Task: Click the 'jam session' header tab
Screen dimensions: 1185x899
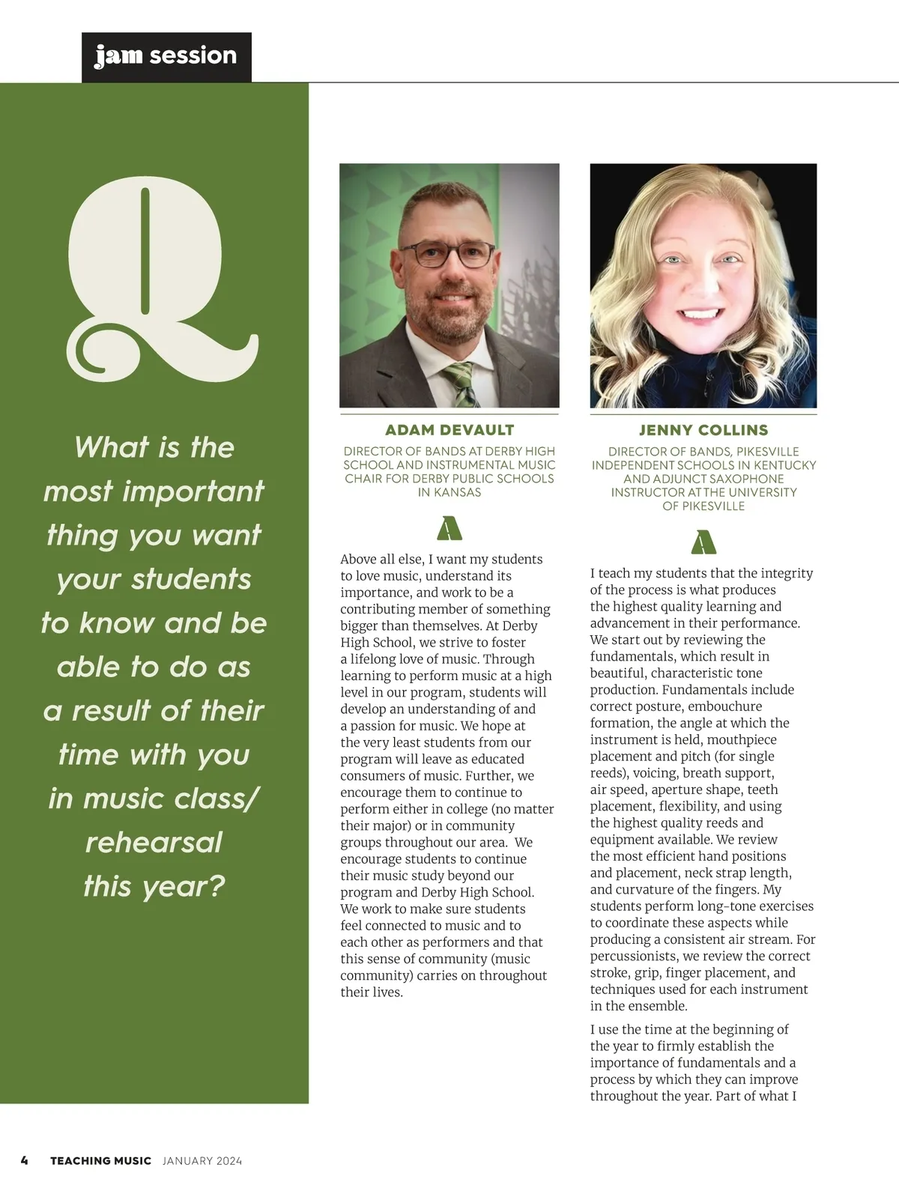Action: (x=166, y=56)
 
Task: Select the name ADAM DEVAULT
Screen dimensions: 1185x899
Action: (x=449, y=430)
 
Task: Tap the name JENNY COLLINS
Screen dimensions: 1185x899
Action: (x=703, y=430)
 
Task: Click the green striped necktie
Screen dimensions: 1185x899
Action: (x=458, y=382)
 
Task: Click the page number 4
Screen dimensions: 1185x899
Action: (x=25, y=1160)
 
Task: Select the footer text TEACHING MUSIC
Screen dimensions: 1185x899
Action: (x=100, y=1160)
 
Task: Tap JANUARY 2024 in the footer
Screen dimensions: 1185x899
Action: (x=202, y=1160)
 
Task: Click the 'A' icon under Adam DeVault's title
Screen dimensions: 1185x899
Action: (x=449, y=528)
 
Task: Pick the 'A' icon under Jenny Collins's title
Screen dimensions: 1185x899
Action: (x=703, y=542)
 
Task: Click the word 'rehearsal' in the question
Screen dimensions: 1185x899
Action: (x=154, y=842)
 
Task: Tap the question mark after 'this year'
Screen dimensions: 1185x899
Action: (x=216, y=886)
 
